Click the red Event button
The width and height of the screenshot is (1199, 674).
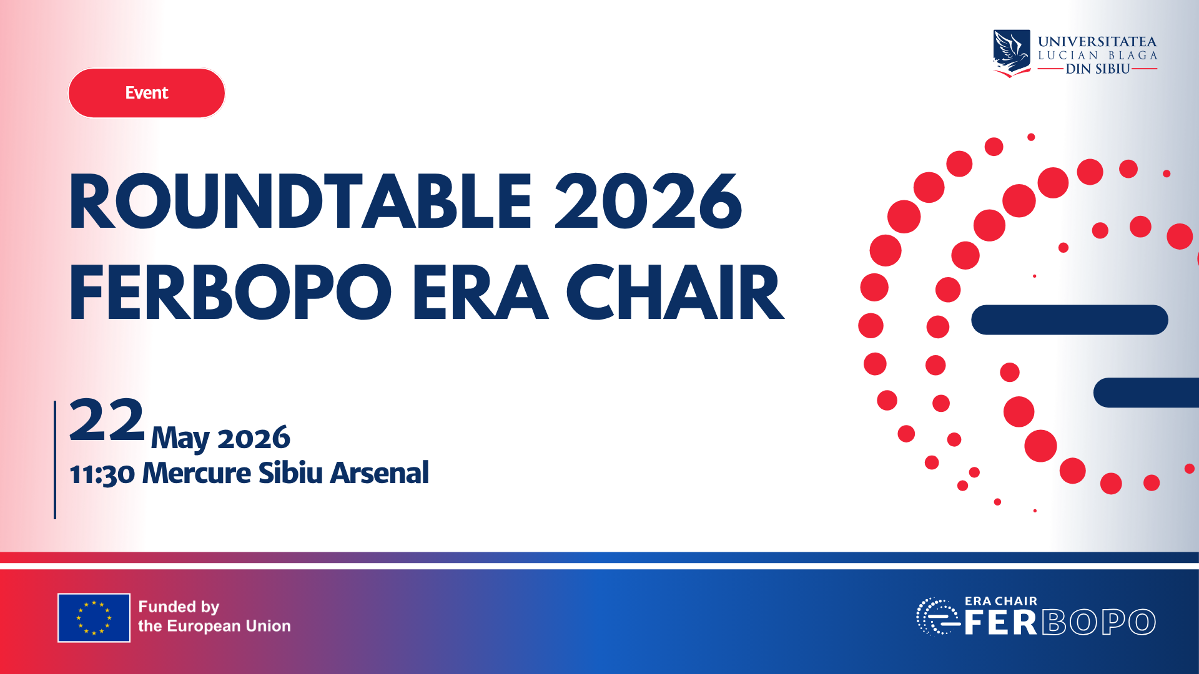(147, 93)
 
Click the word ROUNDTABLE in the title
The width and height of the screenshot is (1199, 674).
(300, 202)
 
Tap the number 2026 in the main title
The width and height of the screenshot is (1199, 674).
(648, 202)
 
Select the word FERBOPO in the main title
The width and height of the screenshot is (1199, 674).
(230, 292)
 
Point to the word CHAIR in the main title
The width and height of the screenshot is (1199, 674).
(674, 292)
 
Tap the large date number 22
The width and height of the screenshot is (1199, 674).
(107, 420)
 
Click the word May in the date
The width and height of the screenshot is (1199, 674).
(180, 438)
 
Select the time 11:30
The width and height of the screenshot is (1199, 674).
(102, 474)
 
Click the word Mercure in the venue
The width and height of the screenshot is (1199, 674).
(197, 473)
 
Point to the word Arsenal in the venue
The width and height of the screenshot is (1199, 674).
(379, 473)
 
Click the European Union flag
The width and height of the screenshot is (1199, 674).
(94, 617)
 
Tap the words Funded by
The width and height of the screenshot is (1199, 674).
(179, 607)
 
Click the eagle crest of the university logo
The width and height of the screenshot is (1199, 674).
(1012, 53)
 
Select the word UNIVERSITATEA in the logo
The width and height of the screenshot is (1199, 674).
(1097, 42)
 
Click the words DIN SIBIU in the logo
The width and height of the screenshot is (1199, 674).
(1097, 69)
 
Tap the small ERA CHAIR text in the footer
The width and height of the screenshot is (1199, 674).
(1000, 601)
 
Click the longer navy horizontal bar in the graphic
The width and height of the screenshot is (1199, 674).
(1069, 320)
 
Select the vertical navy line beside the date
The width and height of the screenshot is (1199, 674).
(55, 459)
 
